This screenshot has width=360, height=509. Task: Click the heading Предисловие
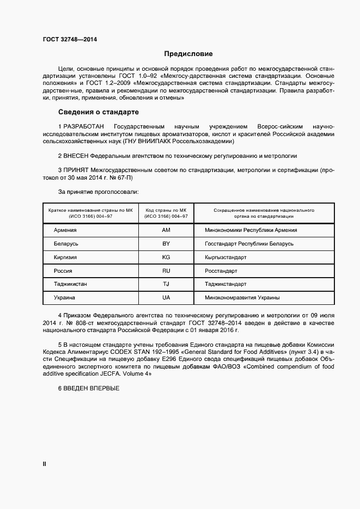188,54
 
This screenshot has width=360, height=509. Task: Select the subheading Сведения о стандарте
98,112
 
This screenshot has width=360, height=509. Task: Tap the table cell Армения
65,230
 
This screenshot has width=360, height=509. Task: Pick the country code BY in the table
166,244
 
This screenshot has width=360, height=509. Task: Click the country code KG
166,257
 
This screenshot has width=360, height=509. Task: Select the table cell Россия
63,271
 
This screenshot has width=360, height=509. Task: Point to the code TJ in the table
166,284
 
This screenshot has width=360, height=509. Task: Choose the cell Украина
65,298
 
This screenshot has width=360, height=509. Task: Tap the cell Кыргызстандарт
225,257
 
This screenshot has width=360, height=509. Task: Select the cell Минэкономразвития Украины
242,298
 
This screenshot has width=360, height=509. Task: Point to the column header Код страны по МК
166,210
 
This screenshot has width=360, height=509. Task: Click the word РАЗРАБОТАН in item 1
85,126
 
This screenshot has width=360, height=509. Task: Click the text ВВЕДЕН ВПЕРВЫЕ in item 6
91,388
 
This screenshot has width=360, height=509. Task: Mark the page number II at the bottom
45,464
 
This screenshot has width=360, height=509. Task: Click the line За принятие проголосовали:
98,192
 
